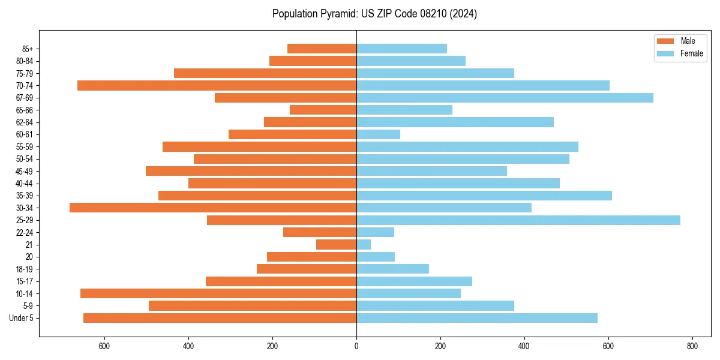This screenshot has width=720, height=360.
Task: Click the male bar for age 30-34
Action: coord(213,208)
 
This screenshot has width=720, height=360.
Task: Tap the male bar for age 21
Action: coord(337,245)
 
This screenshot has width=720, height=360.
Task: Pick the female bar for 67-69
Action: coord(505,98)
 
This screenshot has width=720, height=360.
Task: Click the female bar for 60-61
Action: coord(378,134)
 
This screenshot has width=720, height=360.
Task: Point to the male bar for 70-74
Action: coord(217,85)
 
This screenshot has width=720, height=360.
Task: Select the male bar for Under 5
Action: coord(220,318)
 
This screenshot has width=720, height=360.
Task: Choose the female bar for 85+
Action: coord(401,49)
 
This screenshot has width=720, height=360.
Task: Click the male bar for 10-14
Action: coord(218,293)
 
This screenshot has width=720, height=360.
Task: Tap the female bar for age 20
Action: coord(376,257)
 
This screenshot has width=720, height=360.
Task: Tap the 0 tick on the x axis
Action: coord(356,346)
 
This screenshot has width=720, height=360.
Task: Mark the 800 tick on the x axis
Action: coord(692,346)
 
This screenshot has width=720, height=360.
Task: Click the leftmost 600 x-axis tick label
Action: coord(104,346)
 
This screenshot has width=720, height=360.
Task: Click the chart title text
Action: coord(374,14)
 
